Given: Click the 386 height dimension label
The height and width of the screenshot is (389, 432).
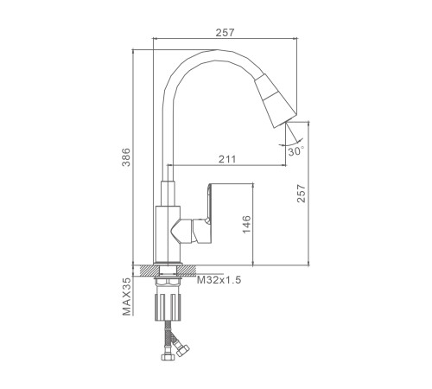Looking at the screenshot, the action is pos(126,157).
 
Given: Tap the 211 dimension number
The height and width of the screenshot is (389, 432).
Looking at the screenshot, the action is pos(227,159).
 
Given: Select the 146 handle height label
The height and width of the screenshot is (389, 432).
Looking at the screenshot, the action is pos(246,224).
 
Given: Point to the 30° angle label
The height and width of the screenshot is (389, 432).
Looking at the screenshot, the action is pos(296,151).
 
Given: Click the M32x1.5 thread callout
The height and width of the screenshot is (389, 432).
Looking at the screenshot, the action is pos(219,280).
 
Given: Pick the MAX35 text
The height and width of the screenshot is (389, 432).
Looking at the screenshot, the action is pos(126,297).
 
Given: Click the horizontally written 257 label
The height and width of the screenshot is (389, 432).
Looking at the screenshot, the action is pos(226,33).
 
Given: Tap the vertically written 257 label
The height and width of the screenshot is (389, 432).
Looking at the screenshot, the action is pos(302,194).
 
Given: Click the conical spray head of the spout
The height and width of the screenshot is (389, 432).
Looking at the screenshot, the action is pos(275,99).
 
